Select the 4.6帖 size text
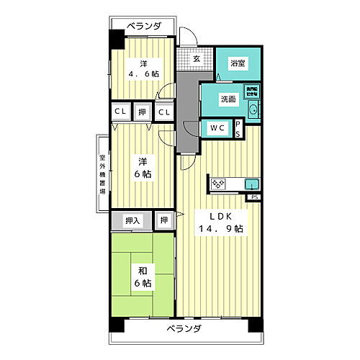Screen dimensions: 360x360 click(145, 73)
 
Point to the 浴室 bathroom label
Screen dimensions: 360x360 click(237, 63)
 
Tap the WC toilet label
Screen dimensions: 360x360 click(217, 128)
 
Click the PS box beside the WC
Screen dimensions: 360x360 click(239, 128)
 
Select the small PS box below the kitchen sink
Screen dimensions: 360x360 click(254, 197)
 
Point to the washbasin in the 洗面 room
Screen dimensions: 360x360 click(254, 110)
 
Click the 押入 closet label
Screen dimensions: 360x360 click(132, 220)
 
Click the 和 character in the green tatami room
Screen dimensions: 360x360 click(142, 271)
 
